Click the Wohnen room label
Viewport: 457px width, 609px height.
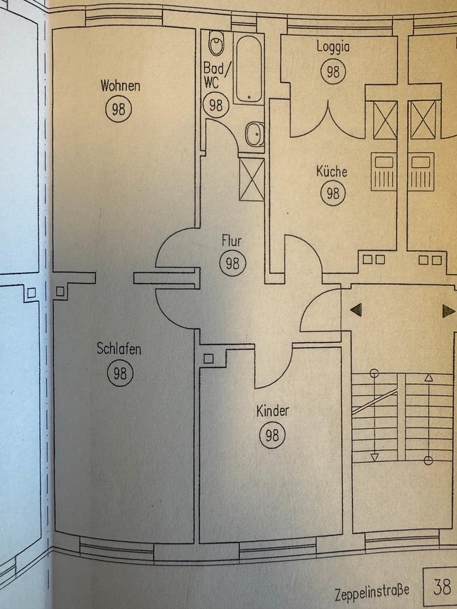pos(120,86)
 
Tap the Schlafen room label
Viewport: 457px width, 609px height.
pos(119,348)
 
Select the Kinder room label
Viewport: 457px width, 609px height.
pos(272,411)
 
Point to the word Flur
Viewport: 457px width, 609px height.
pos(232,241)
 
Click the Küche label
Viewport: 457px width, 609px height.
pos(332,171)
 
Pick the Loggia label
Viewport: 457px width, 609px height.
pos(333,47)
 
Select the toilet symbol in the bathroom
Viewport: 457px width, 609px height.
pos(216,44)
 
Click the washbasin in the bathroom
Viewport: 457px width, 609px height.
pos(254,134)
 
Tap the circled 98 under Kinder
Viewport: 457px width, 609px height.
pos(272,435)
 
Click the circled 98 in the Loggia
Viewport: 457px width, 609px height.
pos(333,71)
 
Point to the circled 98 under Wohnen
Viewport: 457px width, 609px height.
pos(119,109)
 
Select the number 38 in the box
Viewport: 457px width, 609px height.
pos(442,586)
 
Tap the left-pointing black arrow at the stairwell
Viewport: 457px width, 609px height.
pos(356,310)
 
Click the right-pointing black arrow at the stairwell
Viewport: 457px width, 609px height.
pos(448,310)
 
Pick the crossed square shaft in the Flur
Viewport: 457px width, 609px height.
pos(252,178)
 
